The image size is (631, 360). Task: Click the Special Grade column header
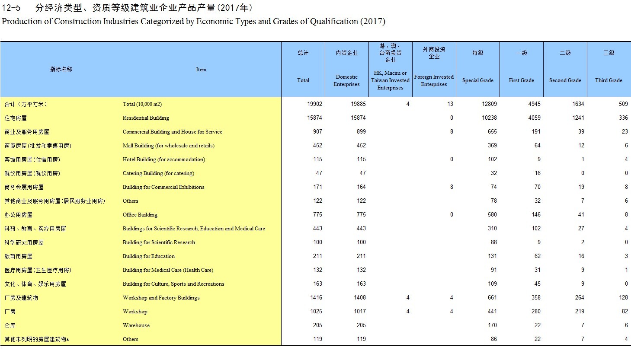click(x=477, y=80)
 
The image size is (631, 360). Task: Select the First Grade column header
click(x=521, y=80)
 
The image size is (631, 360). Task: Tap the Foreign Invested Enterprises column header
click(x=434, y=80)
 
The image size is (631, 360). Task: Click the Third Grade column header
click(x=609, y=80)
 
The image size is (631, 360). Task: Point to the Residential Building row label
click(x=146, y=118)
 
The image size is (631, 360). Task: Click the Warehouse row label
click(x=136, y=325)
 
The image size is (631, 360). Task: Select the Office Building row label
click(x=140, y=215)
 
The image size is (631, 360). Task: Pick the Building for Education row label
click(x=148, y=256)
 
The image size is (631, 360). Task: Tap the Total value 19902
click(x=314, y=104)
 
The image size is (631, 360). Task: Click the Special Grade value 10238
click(x=489, y=118)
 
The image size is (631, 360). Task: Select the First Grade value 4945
click(x=534, y=104)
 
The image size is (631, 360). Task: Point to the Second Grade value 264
click(x=580, y=298)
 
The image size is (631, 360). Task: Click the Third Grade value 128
click(x=623, y=298)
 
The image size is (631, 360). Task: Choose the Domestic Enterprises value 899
click(x=361, y=132)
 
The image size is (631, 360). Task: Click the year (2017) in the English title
click(x=372, y=21)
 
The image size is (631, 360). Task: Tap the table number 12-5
click(x=11, y=8)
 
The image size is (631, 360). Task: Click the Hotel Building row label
click(x=163, y=159)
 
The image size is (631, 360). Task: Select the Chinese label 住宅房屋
click(x=16, y=118)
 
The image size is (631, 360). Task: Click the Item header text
click(x=201, y=70)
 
